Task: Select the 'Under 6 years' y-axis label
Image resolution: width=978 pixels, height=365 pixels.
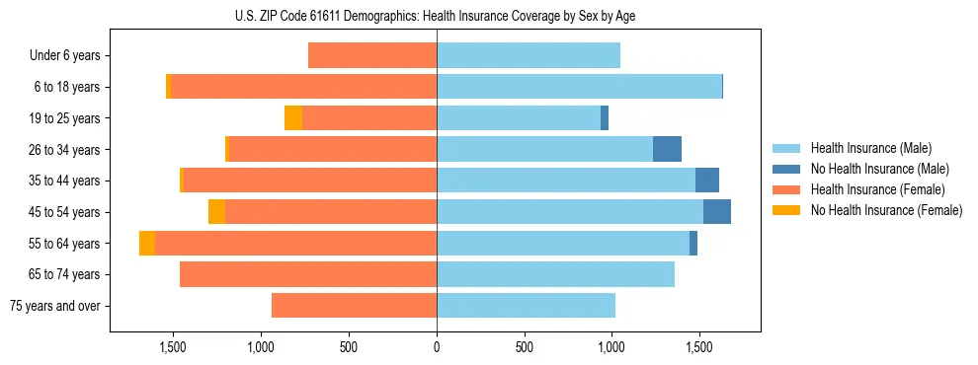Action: (x=65, y=56)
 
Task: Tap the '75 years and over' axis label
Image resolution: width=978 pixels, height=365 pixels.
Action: (x=54, y=306)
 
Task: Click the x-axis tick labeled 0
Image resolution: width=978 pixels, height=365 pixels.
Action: (x=436, y=347)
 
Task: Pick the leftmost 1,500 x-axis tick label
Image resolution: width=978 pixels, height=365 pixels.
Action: (x=173, y=347)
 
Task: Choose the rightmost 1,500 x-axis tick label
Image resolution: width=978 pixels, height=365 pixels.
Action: (x=699, y=347)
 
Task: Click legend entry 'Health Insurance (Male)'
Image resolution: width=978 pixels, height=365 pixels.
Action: (x=870, y=148)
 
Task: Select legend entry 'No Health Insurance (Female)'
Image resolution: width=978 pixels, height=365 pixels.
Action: (x=886, y=210)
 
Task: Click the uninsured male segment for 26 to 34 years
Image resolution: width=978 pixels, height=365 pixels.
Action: (x=667, y=149)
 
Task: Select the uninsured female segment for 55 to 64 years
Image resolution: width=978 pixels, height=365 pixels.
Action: (x=147, y=243)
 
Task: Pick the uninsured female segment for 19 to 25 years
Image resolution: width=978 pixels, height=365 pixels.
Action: (x=293, y=118)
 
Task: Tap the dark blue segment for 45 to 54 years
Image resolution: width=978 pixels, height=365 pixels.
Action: (x=717, y=212)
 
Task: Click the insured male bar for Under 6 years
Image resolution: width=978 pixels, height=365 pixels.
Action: (x=529, y=56)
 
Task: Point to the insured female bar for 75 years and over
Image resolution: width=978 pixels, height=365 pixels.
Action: (x=354, y=306)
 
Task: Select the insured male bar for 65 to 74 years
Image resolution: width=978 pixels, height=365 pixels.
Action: (x=555, y=274)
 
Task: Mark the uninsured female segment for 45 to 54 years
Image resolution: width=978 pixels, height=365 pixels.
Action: (x=216, y=212)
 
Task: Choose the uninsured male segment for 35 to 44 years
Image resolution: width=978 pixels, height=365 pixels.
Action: (x=707, y=181)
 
